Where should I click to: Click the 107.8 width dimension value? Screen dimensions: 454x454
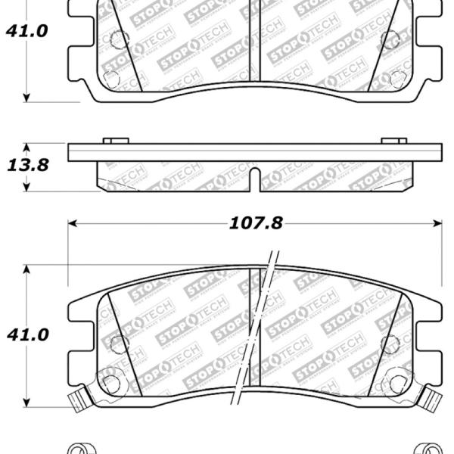pyautogui.click(x=255, y=224)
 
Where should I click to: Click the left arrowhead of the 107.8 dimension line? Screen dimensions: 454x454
pyautogui.click(x=73, y=224)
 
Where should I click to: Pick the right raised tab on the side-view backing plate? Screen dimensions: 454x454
pyautogui.click(x=393, y=141)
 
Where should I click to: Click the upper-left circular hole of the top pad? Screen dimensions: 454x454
pyautogui.click(x=117, y=41)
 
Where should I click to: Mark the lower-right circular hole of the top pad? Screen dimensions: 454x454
pyautogui.click(x=400, y=77)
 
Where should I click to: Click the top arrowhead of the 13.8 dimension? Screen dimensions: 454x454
pyautogui.click(x=27, y=147)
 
